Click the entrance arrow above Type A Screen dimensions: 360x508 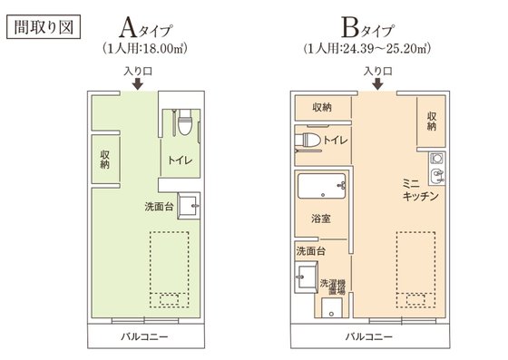coord(136,83)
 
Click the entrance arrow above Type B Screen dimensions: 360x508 coord(377,83)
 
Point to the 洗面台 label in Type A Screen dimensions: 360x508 coord(160,207)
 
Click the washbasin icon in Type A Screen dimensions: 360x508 coord(190,207)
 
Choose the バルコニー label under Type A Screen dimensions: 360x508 coord(146,336)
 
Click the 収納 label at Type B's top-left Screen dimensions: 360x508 coord(322,107)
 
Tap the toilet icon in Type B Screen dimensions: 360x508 coord(308,141)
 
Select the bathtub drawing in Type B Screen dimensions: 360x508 coord(322,188)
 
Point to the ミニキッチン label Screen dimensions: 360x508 coord(422,189)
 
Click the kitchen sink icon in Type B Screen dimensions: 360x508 coord(435,165)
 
